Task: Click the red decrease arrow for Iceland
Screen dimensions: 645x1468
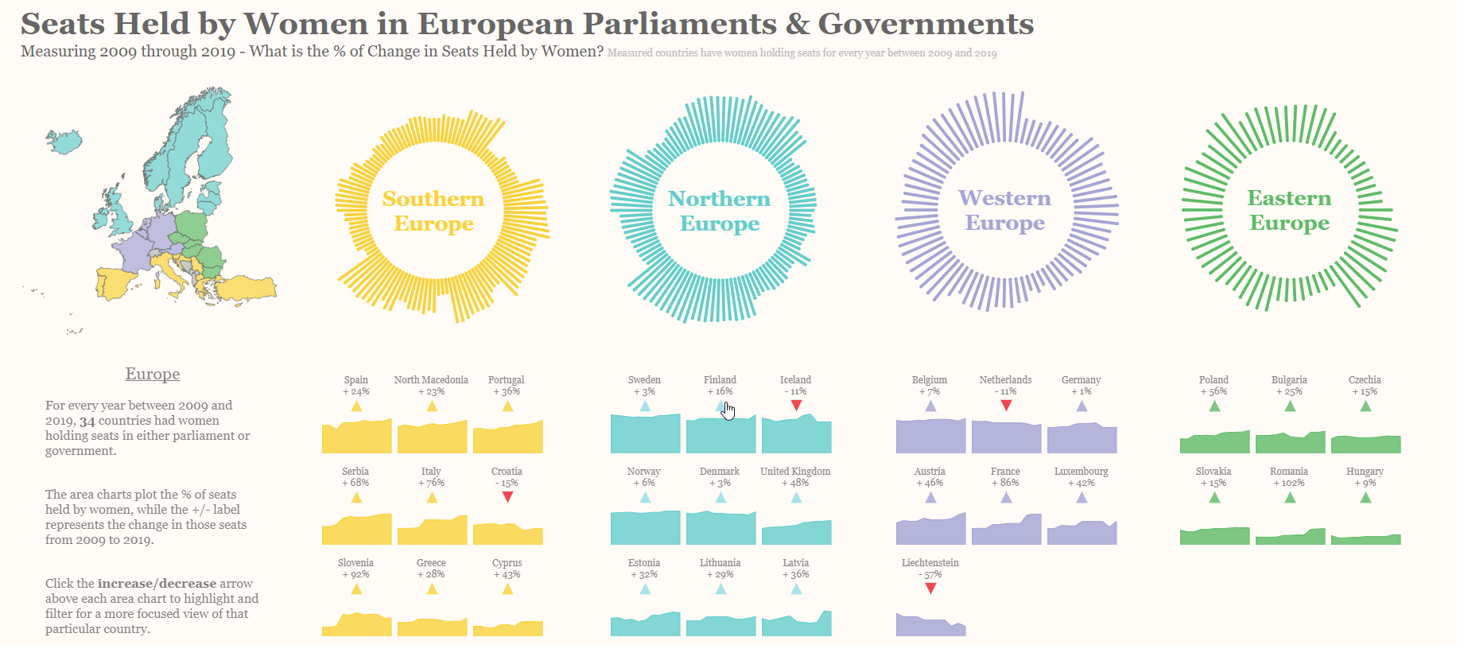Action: coord(796,406)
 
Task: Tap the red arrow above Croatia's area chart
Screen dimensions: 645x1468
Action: coord(507,497)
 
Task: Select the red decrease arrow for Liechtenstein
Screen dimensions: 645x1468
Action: coord(930,589)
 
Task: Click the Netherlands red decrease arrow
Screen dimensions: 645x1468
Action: coord(1006,406)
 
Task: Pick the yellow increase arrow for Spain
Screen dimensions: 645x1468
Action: coord(356,406)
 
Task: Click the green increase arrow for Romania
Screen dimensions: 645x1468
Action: coord(1290,498)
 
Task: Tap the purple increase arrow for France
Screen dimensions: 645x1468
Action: coord(1006,498)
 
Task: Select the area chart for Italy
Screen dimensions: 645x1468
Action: coord(432,531)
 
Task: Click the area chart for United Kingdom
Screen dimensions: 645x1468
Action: coord(796,533)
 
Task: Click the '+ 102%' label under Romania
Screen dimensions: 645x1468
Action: coord(1289,483)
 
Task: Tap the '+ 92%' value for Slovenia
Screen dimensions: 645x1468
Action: coord(355,574)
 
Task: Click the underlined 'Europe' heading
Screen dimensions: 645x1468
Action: coord(153,374)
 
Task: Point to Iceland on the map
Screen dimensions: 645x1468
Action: coord(64,142)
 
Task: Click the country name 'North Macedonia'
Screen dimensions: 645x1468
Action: coord(431,379)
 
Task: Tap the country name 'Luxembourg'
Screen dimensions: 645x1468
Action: coord(1081,471)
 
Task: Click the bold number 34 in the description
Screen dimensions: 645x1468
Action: coord(87,421)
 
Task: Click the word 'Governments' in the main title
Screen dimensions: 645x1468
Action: coord(926,24)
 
